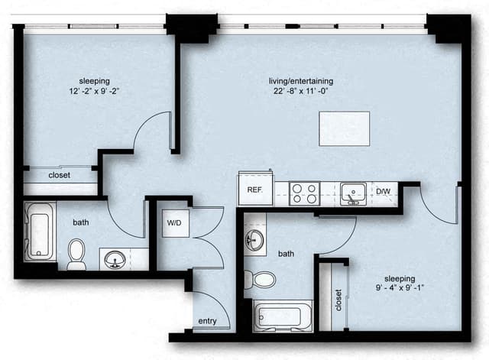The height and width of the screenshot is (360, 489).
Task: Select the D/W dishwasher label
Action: point(384,191)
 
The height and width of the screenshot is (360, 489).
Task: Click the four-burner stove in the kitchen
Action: point(305,192)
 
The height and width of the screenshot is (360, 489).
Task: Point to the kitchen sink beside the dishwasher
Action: point(352,193)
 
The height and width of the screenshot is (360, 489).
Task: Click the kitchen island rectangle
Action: point(345,128)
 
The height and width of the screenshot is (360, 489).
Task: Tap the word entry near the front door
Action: point(206,322)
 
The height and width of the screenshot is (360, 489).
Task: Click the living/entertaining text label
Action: point(300,81)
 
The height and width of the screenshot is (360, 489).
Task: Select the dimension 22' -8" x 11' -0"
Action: point(300,91)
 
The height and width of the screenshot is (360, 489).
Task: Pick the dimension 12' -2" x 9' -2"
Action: point(95,91)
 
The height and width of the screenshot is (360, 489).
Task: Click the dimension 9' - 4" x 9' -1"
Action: point(400,289)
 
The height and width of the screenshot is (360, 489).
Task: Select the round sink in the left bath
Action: point(116,258)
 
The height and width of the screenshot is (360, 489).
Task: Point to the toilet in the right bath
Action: point(262,279)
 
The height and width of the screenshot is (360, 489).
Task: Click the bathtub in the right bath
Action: point(283,315)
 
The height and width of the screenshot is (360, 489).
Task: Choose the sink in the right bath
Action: point(255,240)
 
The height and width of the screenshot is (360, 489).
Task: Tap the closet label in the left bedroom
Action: point(60,175)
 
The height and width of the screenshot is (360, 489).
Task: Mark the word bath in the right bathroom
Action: point(286,253)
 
